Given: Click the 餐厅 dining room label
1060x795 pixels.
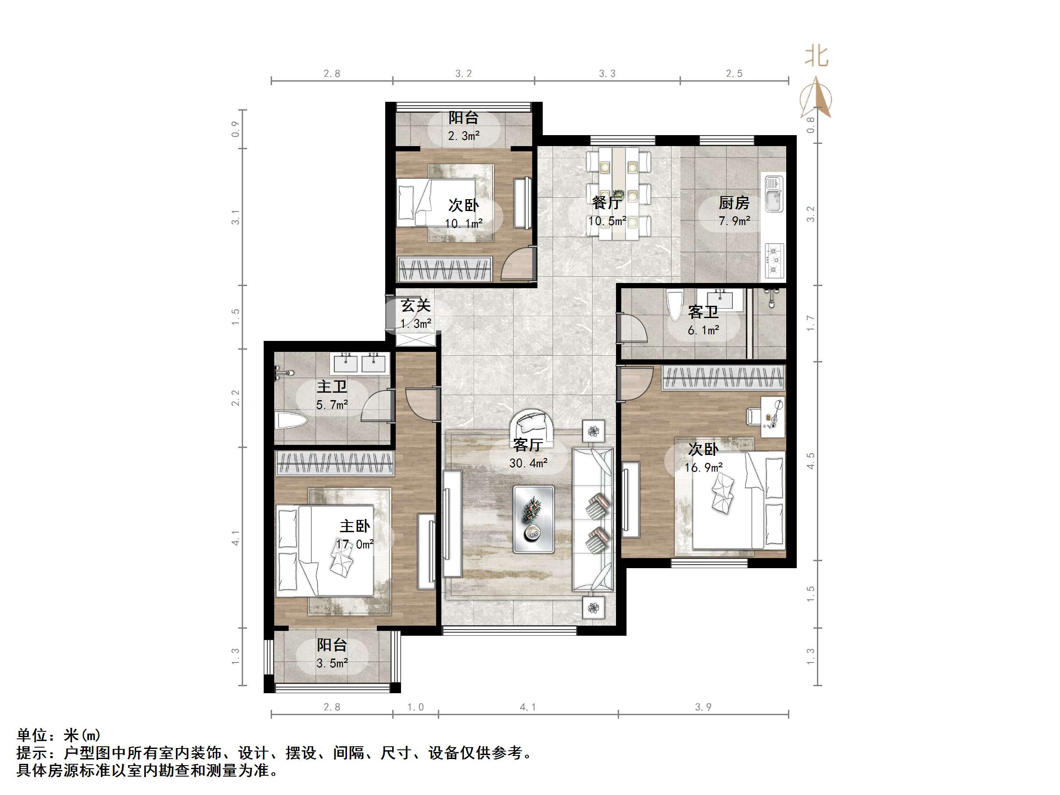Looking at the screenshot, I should click(607, 203).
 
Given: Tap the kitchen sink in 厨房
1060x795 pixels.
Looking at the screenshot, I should click(774, 193).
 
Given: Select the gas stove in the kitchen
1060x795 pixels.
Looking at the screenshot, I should click(774, 260).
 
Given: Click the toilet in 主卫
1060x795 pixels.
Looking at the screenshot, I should click(291, 422).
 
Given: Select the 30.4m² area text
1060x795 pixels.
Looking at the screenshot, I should click(528, 463).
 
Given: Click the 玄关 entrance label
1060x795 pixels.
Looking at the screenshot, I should click(415, 305).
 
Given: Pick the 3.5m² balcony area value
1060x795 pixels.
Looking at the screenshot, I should click(332, 663).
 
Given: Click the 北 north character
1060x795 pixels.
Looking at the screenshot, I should click(816, 56).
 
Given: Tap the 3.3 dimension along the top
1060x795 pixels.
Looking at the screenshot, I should click(607, 73).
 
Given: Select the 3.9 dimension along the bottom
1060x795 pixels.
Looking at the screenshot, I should click(703, 707).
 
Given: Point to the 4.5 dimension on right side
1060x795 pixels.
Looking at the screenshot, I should click(810, 461).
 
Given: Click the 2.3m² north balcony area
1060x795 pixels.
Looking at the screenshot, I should click(463, 136).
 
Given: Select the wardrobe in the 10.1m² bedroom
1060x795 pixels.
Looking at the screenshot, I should click(445, 269).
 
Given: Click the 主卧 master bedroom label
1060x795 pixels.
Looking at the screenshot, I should click(355, 526).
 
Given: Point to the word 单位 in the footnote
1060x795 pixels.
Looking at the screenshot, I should click(32, 735).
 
